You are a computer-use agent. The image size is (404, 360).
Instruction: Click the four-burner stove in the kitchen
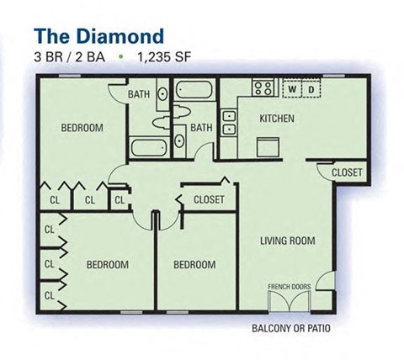pos(263,87)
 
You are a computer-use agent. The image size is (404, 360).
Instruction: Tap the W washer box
pos(291,88)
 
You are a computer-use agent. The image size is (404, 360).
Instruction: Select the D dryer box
pos(310,88)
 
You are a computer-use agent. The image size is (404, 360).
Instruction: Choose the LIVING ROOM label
pos(289,241)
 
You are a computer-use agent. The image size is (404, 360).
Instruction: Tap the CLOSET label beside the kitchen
pos(347,172)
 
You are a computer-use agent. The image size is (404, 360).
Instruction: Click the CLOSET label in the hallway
pos(209,199)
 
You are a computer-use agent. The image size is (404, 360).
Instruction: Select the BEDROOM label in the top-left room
pos(82,128)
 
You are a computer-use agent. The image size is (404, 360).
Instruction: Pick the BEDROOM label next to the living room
pos(194,265)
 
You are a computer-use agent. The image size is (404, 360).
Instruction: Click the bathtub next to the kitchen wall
pos(195,90)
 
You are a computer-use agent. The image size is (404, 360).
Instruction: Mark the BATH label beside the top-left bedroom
pos(139,95)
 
